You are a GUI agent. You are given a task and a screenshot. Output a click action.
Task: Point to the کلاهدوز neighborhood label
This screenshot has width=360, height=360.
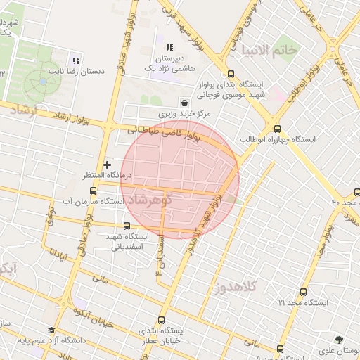click(238, 286)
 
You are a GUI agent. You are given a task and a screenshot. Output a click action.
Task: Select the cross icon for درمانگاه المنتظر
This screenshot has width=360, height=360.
click(107, 165)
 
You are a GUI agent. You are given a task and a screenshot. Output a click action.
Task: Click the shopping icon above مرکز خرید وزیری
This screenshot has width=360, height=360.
click(184, 101)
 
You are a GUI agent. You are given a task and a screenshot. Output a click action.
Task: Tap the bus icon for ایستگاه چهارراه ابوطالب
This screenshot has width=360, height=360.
click(277, 129)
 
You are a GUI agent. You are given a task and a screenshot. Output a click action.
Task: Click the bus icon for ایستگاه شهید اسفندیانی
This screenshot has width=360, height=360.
click(127, 226)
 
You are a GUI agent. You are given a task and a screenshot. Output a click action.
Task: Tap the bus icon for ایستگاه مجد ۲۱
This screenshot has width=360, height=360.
click(303, 292)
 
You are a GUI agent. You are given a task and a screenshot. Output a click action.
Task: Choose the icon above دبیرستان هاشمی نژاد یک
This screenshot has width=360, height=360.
click(169, 47)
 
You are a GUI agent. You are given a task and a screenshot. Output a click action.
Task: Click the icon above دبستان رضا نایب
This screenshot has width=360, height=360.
click(76, 60)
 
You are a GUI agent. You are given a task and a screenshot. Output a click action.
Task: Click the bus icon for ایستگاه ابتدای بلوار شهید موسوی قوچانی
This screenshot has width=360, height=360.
click(231, 74)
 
